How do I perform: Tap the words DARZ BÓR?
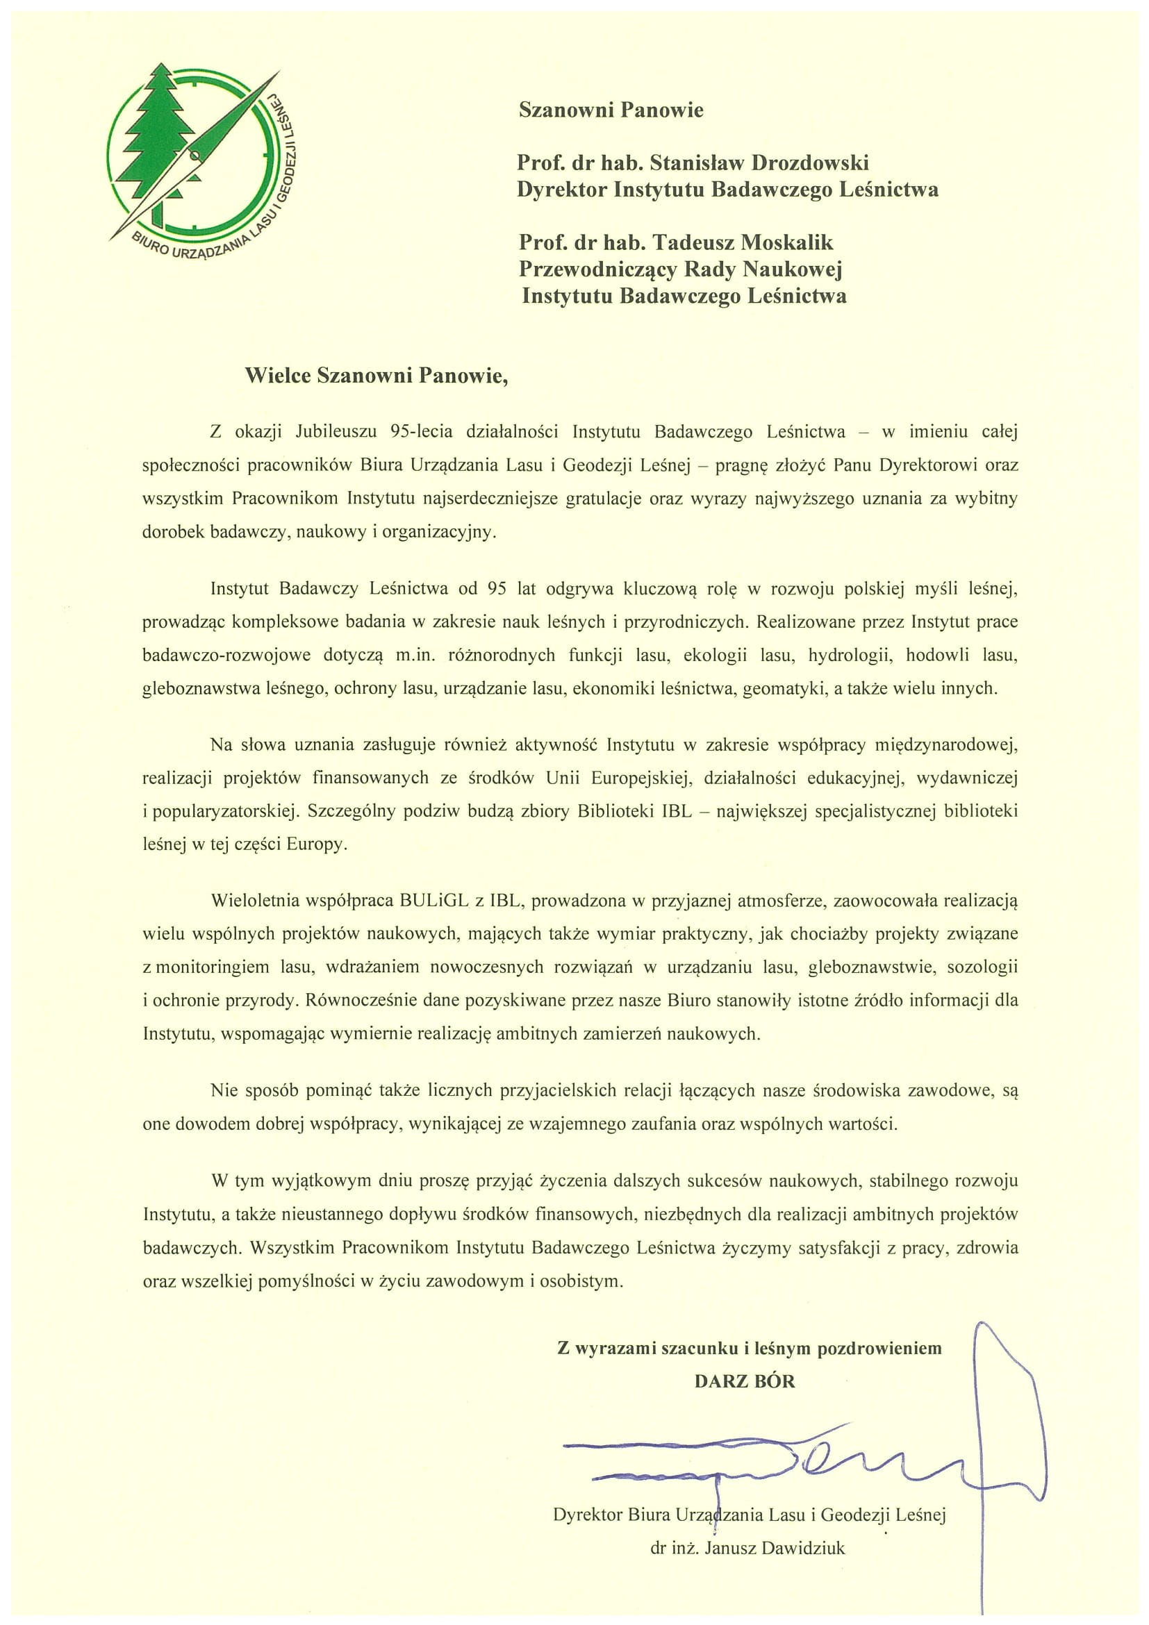point(745,1381)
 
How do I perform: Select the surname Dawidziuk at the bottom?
point(804,1548)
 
